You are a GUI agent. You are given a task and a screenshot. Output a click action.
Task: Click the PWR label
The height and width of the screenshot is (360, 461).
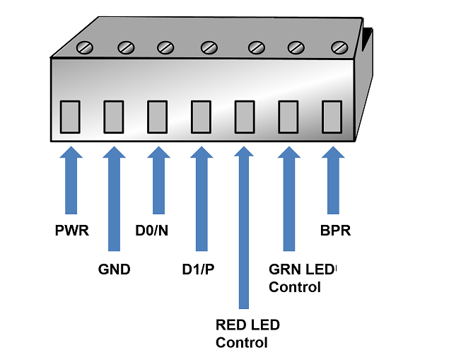coord(71,231)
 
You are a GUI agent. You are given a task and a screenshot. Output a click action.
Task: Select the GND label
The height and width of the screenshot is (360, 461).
coord(114,269)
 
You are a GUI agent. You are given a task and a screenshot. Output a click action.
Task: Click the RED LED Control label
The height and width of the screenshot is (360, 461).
coord(247,334)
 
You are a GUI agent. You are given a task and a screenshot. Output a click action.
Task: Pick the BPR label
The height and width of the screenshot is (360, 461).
coord(335,231)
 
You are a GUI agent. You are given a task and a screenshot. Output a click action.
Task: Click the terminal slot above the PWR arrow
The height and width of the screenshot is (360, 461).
coord(70,117)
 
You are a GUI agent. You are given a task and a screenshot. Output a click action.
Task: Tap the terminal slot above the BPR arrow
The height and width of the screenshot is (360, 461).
coord(332,117)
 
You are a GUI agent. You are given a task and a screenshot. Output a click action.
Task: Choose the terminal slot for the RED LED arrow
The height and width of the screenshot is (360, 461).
coord(245,117)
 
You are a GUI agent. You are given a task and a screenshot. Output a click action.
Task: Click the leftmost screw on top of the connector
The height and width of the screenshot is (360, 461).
coord(86,48)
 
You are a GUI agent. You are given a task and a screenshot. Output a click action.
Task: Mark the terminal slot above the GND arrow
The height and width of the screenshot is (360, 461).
coord(114,117)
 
